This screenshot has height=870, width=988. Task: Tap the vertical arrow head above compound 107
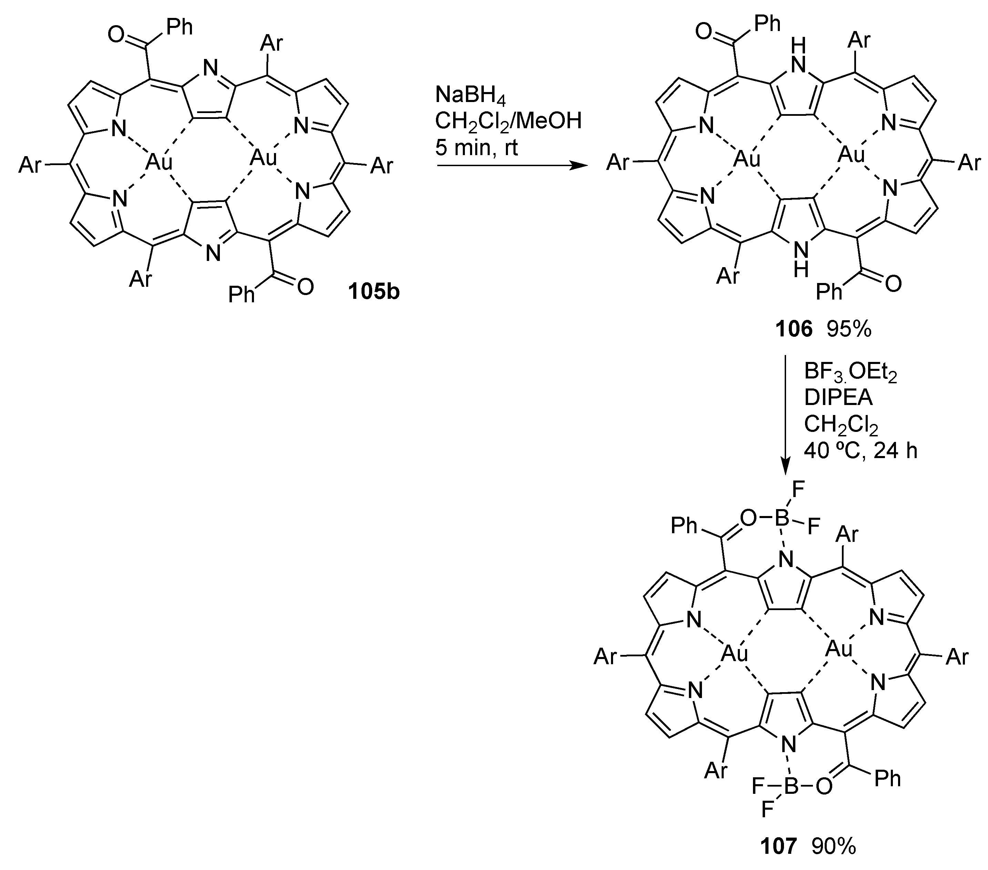tap(785, 468)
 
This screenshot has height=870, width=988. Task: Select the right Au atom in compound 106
tap(851, 154)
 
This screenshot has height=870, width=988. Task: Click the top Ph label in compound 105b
tap(179, 28)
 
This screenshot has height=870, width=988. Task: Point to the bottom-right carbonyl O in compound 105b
tap(305, 287)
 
